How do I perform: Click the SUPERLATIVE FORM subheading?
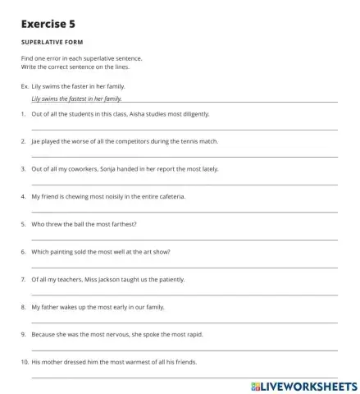click(52, 42)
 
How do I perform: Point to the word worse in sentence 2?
click(80, 141)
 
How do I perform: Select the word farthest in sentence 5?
click(121, 224)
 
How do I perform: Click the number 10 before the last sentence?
click(25, 361)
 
